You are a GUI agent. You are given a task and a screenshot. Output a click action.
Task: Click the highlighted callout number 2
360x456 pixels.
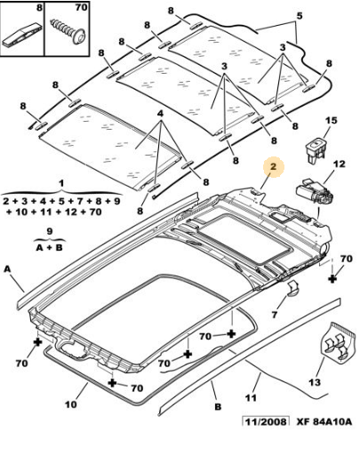point(273,166)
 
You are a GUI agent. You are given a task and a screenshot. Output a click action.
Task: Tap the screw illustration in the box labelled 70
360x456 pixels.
point(68,32)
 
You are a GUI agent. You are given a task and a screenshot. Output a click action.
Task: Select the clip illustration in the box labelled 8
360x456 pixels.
point(22,34)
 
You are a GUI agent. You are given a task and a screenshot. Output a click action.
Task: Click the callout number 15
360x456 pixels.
point(332,121)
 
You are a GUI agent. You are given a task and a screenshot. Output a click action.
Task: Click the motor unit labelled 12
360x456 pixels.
point(316,194)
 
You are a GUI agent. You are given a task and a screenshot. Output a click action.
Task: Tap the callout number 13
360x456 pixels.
point(315,382)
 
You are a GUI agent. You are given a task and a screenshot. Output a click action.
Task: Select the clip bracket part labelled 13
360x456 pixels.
point(338,342)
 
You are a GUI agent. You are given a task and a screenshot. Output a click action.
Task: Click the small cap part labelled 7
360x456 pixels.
point(292,288)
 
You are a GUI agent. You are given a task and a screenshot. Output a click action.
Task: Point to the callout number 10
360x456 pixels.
point(71,404)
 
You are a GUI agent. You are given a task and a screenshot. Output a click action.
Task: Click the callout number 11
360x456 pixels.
point(251,397)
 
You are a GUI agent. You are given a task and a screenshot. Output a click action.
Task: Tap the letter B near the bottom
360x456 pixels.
point(218,407)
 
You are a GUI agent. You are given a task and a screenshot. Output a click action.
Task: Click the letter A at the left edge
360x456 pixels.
point(8,268)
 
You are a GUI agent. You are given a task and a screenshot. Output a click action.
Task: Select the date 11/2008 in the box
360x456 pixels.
point(266,421)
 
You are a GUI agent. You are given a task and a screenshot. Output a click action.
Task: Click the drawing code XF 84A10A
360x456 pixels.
point(324,421)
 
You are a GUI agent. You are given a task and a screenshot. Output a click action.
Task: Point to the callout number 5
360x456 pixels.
point(300,16)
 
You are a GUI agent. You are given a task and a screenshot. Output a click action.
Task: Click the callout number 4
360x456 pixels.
point(160,114)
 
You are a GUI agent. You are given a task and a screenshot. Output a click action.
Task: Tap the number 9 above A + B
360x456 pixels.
point(50,231)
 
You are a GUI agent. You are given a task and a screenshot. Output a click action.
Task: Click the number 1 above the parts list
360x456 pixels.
point(61,183)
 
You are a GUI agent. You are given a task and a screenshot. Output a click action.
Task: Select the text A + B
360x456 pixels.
point(50,248)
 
